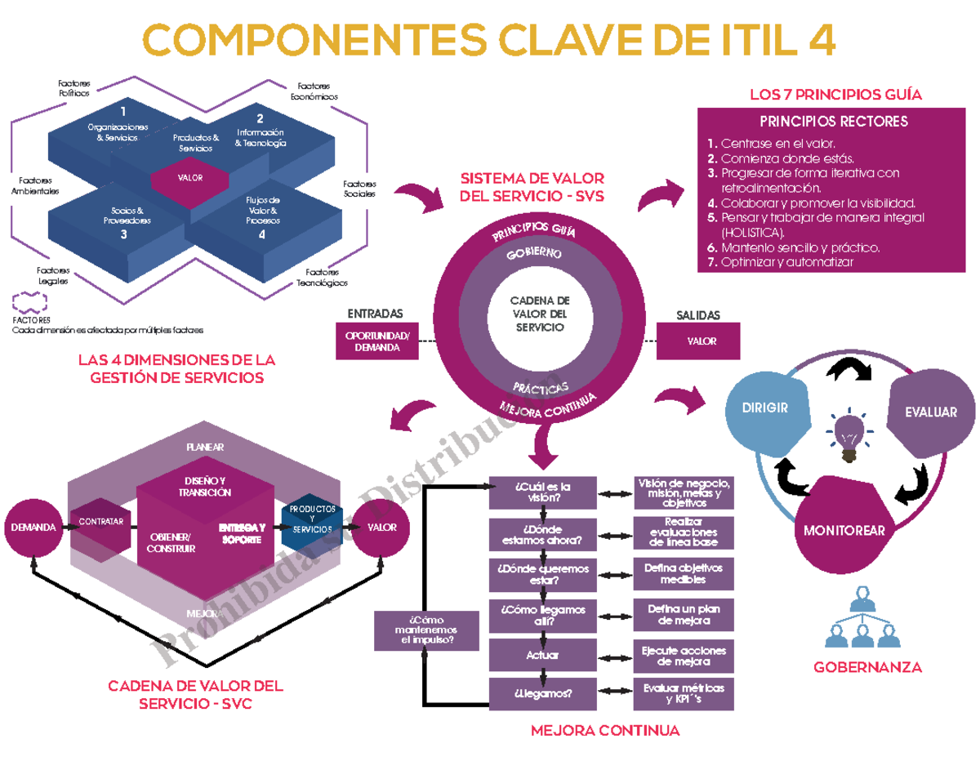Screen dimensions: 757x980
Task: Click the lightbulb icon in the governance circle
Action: [x=849, y=430]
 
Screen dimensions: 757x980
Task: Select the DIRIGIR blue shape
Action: [x=766, y=407]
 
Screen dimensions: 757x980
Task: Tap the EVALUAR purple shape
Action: [x=931, y=412]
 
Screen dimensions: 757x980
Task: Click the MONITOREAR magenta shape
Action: [x=843, y=529]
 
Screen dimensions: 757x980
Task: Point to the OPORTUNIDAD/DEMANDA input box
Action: [x=377, y=341]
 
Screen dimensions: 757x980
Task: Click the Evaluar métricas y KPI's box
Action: [x=684, y=692]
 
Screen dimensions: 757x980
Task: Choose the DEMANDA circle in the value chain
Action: [x=33, y=528]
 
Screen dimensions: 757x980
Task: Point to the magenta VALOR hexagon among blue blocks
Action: [x=190, y=178]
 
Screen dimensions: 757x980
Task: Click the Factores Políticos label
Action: [x=73, y=88]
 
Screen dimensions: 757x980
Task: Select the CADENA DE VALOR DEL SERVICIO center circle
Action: [x=540, y=314]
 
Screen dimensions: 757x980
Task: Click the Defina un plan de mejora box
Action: [x=684, y=615]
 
